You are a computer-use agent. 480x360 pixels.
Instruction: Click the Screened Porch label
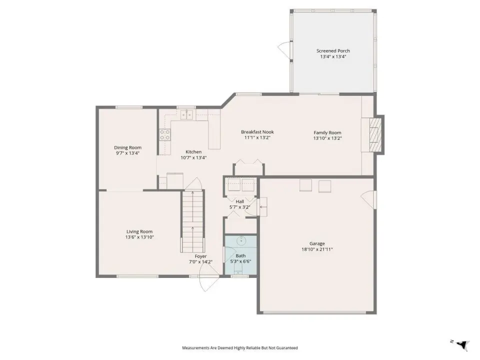click(333, 51)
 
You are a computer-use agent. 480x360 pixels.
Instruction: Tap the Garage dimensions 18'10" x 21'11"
click(317, 249)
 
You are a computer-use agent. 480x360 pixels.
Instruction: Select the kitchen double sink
click(186, 115)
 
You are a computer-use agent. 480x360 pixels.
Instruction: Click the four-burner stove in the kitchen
click(164, 134)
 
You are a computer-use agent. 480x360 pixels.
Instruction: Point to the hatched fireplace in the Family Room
click(375, 134)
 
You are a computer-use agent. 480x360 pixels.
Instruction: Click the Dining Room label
click(127, 147)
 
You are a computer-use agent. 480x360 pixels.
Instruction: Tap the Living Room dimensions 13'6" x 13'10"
click(139, 237)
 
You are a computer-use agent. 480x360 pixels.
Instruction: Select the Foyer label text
click(201, 256)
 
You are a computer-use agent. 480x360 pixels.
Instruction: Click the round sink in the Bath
click(241, 240)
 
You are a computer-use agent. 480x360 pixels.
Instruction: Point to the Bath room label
click(240, 255)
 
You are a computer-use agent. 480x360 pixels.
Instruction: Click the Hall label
click(240, 201)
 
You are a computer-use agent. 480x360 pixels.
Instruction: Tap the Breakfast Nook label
click(257, 132)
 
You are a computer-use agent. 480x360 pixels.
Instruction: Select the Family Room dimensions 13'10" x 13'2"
click(327, 138)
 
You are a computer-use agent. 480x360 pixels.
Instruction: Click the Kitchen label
click(194, 152)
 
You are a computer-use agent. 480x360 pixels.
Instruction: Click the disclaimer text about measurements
click(240, 348)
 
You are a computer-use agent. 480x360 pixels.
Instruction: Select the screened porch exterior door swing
click(284, 49)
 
